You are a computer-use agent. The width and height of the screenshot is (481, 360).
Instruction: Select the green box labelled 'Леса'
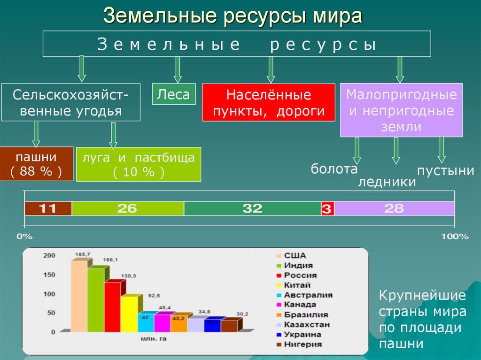(x=173, y=94)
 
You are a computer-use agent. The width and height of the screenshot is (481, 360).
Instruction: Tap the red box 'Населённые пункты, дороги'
(x=268, y=103)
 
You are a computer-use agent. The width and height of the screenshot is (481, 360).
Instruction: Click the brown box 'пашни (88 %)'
(x=36, y=164)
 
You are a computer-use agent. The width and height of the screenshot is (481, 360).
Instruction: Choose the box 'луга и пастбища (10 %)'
(x=139, y=164)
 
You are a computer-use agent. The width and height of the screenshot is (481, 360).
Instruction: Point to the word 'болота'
(x=334, y=169)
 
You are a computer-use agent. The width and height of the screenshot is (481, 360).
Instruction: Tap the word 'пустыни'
(x=445, y=170)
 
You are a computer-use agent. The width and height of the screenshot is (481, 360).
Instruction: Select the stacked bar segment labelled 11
(x=48, y=208)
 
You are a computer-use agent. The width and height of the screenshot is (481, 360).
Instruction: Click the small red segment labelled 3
(x=327, y=209)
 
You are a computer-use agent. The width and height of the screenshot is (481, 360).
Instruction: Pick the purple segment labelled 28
(x=394, y=208)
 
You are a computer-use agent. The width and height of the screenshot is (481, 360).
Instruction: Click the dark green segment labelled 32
(x=252, y=208)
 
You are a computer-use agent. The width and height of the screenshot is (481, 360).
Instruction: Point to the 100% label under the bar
(x=454, y=237)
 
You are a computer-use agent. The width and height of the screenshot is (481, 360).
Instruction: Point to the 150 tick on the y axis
(x=49, y=275)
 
